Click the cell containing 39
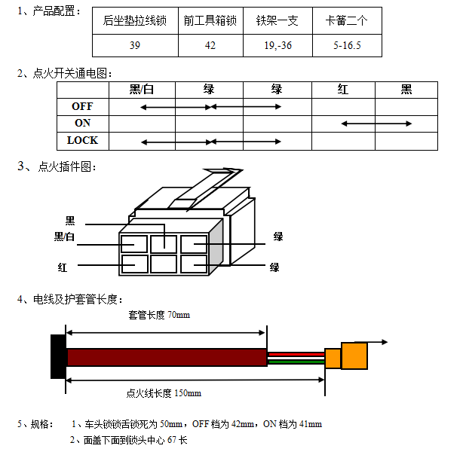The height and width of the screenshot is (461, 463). pos(135,45)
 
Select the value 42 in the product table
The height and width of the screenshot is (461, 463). pos(210,45)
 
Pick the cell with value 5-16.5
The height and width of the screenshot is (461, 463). pos(347,45)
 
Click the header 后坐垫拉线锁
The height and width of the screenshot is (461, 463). pos(135,20)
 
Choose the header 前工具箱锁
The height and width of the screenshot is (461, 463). pos(210,20)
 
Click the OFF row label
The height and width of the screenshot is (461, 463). pos(82,106)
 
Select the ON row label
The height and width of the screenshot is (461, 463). pos(82,123)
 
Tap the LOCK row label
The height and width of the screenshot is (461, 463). pos(82,140)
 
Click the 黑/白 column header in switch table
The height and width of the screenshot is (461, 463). pos(142,90)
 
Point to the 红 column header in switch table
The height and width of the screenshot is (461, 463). pos(343,90)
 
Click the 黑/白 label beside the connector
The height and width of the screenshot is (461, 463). pos(65,237)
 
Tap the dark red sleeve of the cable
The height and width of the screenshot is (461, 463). pos(166,357)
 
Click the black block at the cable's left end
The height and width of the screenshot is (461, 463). pos(57,356)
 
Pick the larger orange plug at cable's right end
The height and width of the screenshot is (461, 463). pos(354,356)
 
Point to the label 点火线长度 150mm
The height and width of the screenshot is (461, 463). pos(164,392)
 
